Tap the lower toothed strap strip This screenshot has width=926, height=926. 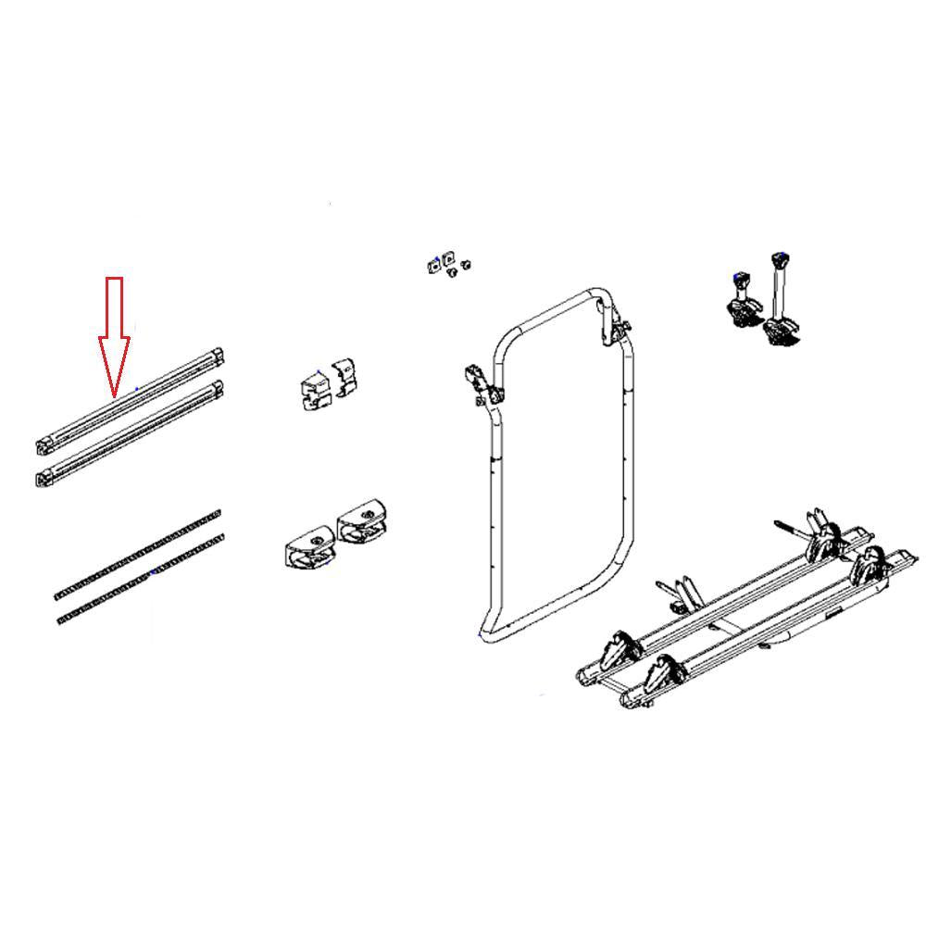pyautogui.click(x=139, y=582)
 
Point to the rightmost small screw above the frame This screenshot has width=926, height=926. pyautogui.click(x=467, y=264)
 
